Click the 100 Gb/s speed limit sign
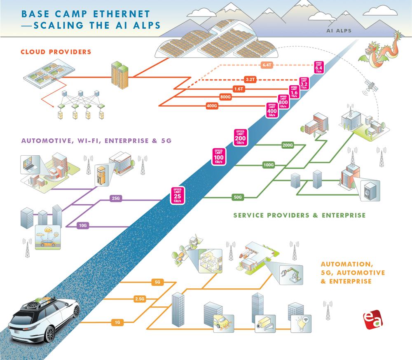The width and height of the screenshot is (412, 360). click(219, 156)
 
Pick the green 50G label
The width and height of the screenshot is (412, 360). click(238, 197)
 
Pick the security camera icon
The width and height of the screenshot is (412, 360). click(262, 324)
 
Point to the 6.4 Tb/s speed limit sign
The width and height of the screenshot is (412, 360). click(319, 67)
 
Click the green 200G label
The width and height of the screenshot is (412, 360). click(288, 145)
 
